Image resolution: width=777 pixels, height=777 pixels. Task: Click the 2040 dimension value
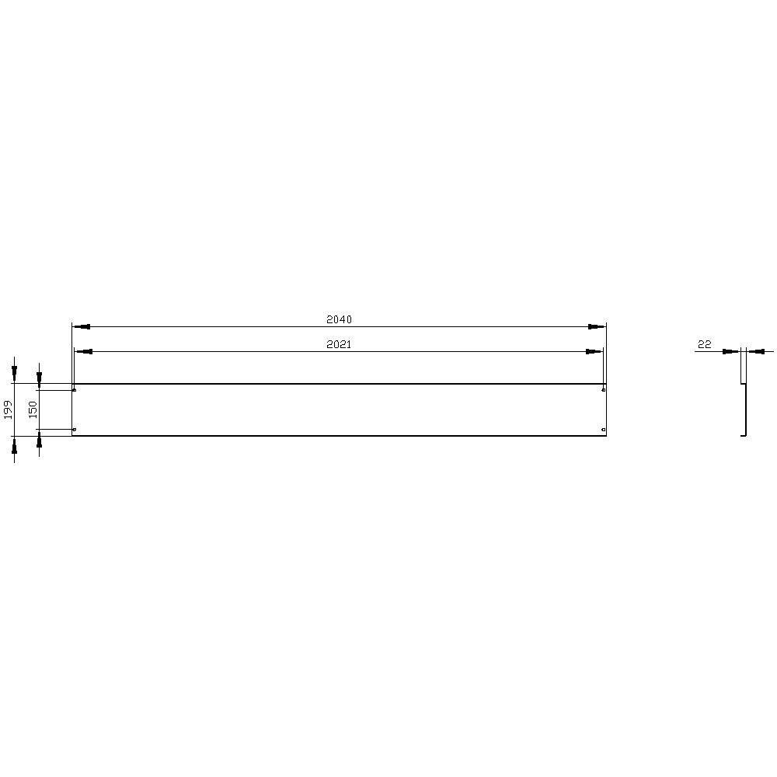click(340, 319)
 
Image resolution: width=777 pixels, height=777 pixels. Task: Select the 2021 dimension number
click(340, 344)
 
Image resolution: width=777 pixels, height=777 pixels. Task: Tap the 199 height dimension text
click(9, 409)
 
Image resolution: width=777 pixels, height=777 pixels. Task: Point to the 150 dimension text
click(33, 409)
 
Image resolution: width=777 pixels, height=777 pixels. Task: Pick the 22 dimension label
click(705, 344)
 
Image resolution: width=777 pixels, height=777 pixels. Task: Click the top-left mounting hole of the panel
click(74, 389)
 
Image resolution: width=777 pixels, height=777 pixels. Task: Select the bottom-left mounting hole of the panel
click(74, 430)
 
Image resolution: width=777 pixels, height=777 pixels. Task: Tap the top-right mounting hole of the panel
click(604, 389)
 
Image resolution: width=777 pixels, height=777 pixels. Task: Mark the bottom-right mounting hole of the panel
click(604, 430)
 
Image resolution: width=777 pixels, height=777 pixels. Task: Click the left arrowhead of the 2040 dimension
click(81, 327)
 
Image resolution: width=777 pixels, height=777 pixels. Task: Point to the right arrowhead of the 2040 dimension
click(596, 327)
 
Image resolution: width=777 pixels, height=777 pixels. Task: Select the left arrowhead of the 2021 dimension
click(84, 352)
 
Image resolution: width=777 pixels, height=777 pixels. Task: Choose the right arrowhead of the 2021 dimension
click(594, 352)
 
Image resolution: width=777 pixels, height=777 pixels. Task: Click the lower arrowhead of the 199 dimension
click(14, 445)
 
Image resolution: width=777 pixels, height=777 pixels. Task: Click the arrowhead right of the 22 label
click(730, 352)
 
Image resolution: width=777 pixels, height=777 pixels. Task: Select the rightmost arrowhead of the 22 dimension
click(755, 352)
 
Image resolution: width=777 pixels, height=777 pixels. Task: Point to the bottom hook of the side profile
click(744, 435)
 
